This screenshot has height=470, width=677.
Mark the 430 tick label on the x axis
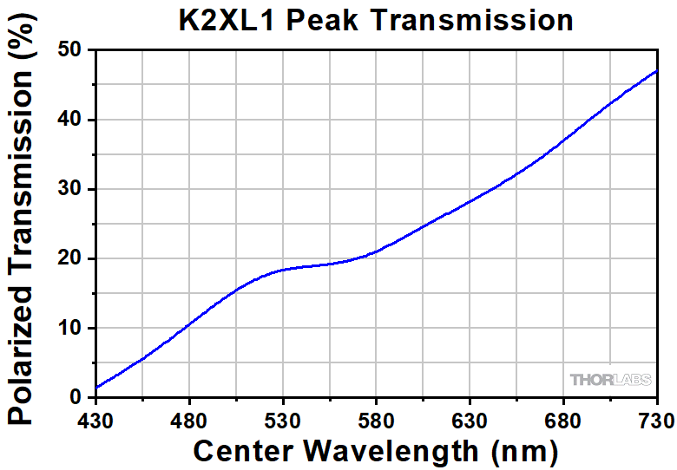tap(95, 421)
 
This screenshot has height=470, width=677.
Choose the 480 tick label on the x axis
tap(189, 421)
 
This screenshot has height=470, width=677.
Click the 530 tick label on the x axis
tap(283, 421)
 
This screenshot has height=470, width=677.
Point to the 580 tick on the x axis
tap(377, 421)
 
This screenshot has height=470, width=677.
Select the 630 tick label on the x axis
tap(470, 421)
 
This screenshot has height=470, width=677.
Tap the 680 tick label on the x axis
tap(564, 421)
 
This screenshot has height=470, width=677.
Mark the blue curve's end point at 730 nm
tap(657, 71)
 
